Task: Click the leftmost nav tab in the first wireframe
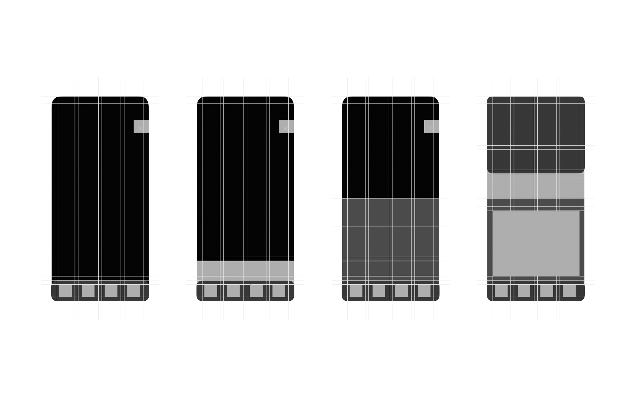click(65, 291)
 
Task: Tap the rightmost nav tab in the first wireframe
click(134, 291)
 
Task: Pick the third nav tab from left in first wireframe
click(111, 291)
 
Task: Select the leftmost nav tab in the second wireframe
click(211, 291)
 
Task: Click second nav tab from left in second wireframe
click(233, 291)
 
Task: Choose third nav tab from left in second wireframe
click(256, 291)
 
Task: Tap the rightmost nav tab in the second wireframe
click(279, 291)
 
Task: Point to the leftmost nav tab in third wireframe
click(356, 291)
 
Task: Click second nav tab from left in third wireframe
click(379, 291)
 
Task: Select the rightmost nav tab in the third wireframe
click(424, 291)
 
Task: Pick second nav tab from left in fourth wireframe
click(524, 291)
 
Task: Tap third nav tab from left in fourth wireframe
click(547, 291)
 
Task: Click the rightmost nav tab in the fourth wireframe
click(569, 291)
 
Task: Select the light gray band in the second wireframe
click(245, 270)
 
